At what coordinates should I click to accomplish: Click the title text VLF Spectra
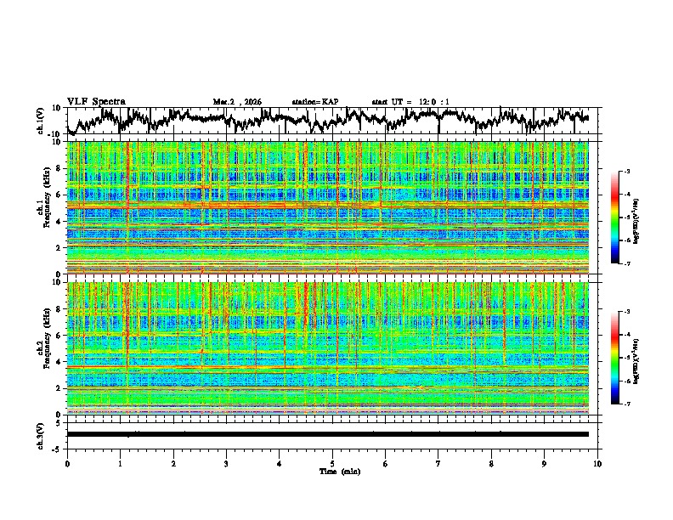pos(96,101)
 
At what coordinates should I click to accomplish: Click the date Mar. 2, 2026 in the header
pos(237,102)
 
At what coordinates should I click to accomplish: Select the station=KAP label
pos(314,102)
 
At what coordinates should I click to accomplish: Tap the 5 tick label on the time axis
pos(332,463)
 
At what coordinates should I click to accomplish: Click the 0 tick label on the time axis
pos(67,463)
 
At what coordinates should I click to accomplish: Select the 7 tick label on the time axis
pos(438,463)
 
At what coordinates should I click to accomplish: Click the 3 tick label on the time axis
pos(226,463)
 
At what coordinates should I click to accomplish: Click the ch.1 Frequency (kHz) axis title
pos(42,207)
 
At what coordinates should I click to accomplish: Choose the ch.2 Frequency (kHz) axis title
pos(42,348)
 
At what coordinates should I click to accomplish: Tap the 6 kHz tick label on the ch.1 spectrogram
pos(59,195)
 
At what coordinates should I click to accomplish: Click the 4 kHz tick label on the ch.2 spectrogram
pos(59,361)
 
